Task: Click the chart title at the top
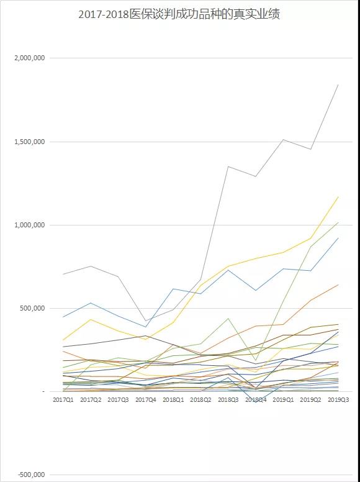(179, 14)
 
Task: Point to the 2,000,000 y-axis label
(30, 58)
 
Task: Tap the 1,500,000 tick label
(30, 142)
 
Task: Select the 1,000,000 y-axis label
(30, 225)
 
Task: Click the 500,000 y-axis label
(32, 308)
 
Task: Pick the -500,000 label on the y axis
(31, 475)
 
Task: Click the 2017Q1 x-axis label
(63, 400)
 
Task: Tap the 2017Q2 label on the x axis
(91, 400)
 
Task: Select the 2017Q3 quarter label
(119, 400)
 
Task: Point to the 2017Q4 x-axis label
(146, 400)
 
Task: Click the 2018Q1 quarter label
(173, 400)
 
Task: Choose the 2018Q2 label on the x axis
(201, 400)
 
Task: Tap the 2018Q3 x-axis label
(228, 400)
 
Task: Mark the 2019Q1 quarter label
(283, 400)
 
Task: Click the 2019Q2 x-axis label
(311, 400)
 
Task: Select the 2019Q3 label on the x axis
(338, 400)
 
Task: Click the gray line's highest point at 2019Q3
(338, 84)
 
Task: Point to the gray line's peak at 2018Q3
(228, 166)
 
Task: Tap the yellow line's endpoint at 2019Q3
(338, 197)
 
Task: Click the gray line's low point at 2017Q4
(146, 321)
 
